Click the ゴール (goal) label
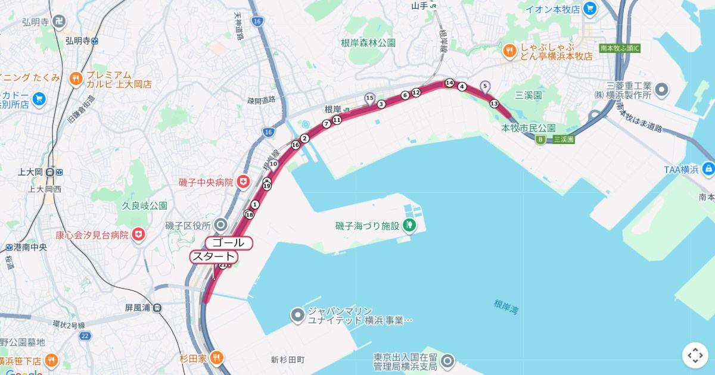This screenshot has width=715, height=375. [x=229, y=243]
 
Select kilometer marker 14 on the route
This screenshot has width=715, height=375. [x=449, y=83]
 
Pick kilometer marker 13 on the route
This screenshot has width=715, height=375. [x=494, y=104]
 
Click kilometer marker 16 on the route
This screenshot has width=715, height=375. [x=295, y=145]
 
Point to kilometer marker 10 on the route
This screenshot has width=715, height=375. [x=273, y=164]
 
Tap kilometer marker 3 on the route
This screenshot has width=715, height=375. [x=381, y=104]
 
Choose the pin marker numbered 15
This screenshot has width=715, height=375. [x=369, y=98]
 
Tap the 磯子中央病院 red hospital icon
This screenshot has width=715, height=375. [x=243, y=182]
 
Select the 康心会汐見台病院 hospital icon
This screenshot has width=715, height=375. [x=139, y=235]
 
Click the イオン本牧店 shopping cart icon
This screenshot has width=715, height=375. [x=590, y=8]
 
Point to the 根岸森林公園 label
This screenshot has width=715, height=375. [x=368, y=43]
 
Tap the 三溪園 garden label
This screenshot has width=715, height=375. [x=528, y=95]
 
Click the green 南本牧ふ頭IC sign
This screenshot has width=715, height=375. [x=620, y=48]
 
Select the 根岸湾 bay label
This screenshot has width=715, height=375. [x=506, y=307]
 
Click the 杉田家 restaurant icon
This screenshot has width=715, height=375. [x=217, y=358]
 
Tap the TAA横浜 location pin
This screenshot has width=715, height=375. [x=708, y=170]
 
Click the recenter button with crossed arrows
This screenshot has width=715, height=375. [x=695, y=355]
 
